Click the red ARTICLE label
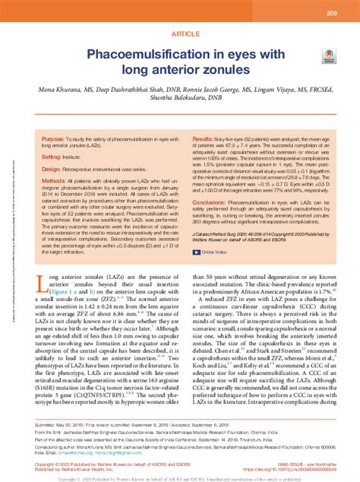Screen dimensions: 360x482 pos(179,34)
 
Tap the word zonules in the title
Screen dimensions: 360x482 pos(223,70)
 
